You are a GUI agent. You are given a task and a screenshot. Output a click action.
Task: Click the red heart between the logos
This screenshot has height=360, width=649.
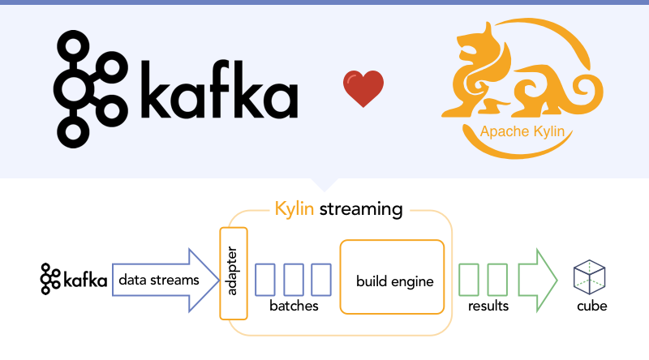click(363, 89)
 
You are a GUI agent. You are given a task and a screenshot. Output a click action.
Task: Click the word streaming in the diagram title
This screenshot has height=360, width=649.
click(361, 209)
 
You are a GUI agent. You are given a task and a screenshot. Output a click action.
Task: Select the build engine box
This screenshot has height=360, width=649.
click(393, 277)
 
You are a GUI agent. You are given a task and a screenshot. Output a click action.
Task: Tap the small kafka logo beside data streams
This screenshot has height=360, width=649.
click(74, 280)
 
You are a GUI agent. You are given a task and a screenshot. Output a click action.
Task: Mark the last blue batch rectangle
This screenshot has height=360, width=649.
click(322, 279)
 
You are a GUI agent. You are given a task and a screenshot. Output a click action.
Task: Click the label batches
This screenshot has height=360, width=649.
click(294, 306)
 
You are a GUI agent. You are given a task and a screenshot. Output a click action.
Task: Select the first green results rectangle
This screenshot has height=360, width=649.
click(470, 279)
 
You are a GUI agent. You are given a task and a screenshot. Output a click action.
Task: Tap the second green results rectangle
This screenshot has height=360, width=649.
click(497, 279)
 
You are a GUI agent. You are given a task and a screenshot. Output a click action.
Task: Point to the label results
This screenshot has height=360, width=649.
click(488, 306)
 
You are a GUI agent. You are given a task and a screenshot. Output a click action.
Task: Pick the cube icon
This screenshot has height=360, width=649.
click(591, 277)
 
